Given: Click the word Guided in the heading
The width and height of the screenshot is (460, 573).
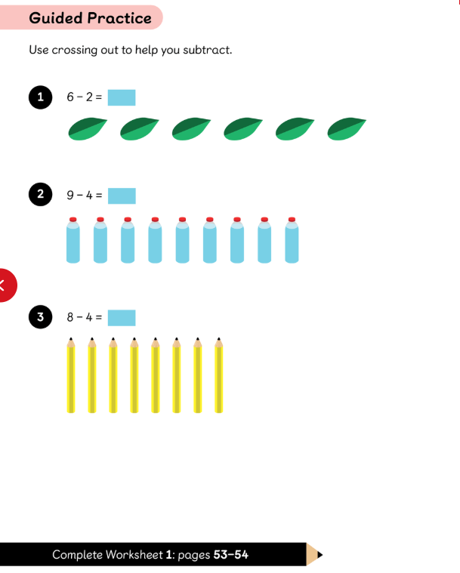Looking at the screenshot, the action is [x=56, y=18].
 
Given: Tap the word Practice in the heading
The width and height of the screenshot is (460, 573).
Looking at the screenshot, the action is [x=119, y=18].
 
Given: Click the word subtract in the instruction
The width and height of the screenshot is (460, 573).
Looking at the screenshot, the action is [x=207, y=50].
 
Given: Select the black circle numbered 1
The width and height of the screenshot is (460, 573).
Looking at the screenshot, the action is [x=40, y=97].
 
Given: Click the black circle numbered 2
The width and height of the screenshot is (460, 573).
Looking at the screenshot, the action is [x=40, y=194].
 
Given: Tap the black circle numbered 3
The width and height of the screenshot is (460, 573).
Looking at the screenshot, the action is [x=40, y=317].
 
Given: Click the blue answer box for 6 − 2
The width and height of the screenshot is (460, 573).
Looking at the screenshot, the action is [x=122, y=97].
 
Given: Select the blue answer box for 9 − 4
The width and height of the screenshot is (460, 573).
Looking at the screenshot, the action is [x=122, y=196].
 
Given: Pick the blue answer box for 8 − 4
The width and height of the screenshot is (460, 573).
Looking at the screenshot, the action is [x=122, y=318].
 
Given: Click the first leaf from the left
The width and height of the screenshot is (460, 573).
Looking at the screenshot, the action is [x=88, y=129].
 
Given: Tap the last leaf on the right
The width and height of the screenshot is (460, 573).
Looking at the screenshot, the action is [x=347, y=129].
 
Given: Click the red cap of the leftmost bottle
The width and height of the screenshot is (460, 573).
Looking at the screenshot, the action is [x=73, y=219].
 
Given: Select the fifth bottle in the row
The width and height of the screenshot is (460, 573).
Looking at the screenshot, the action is [x=183, y=240].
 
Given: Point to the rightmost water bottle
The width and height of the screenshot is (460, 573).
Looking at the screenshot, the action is [x=292, y=240].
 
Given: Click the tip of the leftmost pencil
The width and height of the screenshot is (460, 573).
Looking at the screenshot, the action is [x=71, y=338].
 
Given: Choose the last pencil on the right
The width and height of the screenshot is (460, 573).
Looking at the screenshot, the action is [x=218, y=375].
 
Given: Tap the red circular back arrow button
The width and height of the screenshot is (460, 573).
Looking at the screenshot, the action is [x=5, y=285].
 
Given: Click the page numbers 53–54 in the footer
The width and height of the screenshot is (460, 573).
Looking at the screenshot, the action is [x=230, y=555].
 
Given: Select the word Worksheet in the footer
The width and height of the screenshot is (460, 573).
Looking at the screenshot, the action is [x=134, y=555].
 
